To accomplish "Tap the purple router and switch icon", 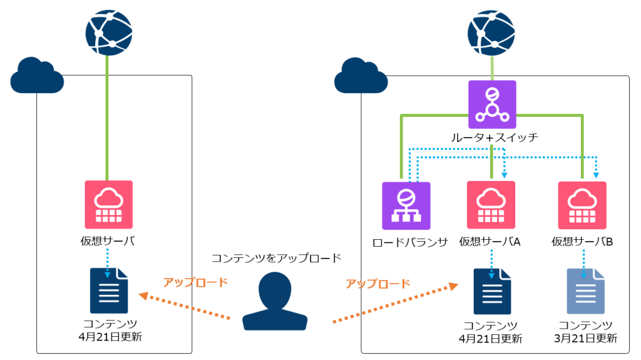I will pos(492,104).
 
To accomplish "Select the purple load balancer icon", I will pos(406,206).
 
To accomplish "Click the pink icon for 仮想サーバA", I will pos(491,205).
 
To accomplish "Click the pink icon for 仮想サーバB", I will pos(583,205).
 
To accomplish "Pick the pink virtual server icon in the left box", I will pos(109,205).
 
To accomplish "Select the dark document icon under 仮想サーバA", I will pos(492,291).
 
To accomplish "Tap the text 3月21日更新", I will pos(585,339).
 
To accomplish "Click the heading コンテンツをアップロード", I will pos(276,257).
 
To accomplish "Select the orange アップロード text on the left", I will pos(195,282).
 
